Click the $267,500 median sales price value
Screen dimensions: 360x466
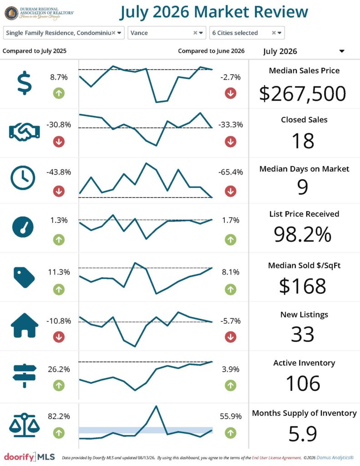coord(302,94)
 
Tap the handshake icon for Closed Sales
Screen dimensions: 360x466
coord(25,132)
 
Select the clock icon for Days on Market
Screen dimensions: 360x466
coord(23,178)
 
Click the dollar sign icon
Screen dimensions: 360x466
coord(25,83)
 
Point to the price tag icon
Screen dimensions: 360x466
coord(24,277)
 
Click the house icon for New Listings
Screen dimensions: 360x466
coord(25,325)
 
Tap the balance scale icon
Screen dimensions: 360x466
coord(25,425)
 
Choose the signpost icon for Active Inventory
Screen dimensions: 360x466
coord(25,375)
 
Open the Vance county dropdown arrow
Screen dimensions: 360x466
coord(201,33)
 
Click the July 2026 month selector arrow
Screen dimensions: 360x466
coord(342,51)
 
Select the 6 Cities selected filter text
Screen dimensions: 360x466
coord(235,33)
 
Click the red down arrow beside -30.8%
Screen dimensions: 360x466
coord(59,142)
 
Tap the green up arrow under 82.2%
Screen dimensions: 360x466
coord(59,433)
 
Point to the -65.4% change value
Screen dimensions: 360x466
coord(230,172)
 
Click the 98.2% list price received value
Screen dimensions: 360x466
coord(302,234)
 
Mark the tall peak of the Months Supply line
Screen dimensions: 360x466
coord(156,406)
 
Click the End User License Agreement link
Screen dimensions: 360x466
coord(276,458)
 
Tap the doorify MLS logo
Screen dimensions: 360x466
coord(30,457)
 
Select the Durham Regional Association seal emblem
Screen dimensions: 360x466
coord(11,13)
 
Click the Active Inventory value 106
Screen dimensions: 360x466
coord(303,383)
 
